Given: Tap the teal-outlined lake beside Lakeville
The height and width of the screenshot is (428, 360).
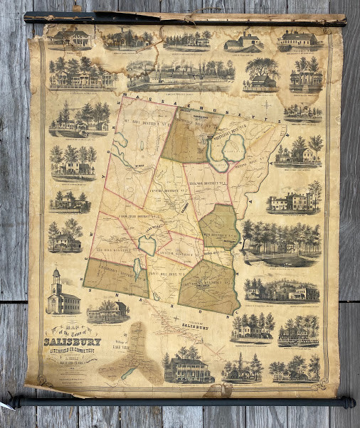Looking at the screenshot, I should point(147,245).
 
